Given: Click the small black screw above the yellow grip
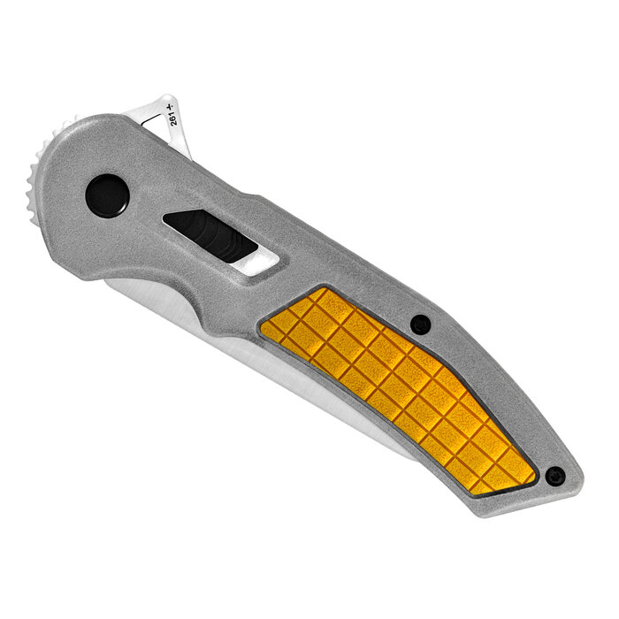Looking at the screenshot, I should (x=422, y=325).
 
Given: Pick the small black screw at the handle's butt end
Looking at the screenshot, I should (x=554, y=476).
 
